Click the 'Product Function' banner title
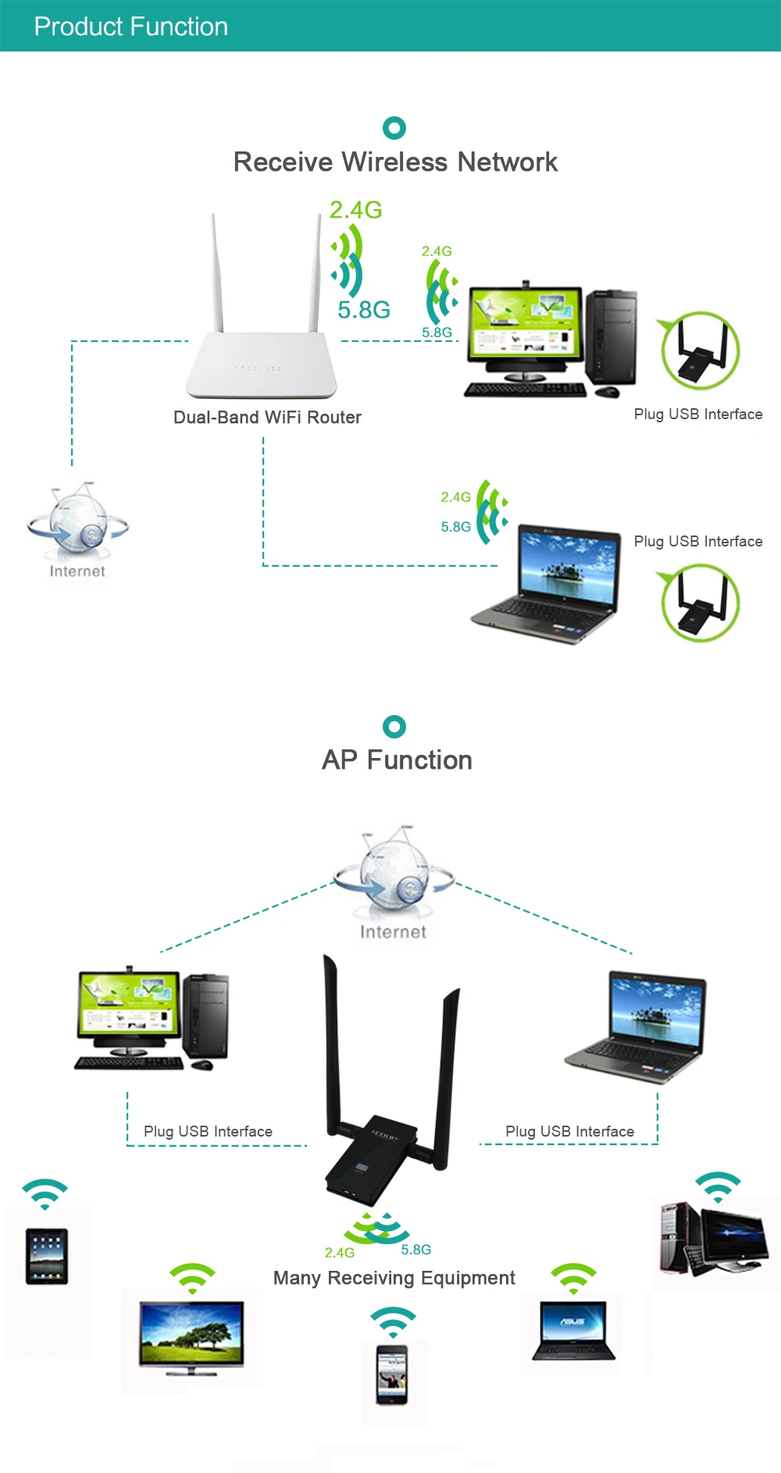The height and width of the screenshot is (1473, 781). pyautogui.click(x=131, y=27)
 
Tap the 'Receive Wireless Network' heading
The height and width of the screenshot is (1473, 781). pyautogui.click(x=395, y=162)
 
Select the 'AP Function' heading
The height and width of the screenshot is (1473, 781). pyautogui.click(x=397, y=760)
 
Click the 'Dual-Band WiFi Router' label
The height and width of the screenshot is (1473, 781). pyautogui.click(x=267, y=418)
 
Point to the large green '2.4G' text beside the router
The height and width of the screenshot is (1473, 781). pyautogui.click(x=355, y=210)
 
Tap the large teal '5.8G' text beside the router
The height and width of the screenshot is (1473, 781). pyautogui.click(x=364, y=310)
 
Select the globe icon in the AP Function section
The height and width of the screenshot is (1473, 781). pyautogui.click(x=393, y=870)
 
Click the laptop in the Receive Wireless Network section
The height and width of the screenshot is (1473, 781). pyautogui.click(x=547, y=582)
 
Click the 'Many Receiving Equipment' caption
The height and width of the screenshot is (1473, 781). pyautogui.click(x=394, y=1278)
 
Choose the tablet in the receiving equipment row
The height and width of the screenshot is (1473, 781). pyautogui.click(x=47, y=1256)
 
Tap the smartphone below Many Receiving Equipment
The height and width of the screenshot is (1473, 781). pyautogui.click(x=392, y=1375)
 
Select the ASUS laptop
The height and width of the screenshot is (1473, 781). pyautogui.click(x=573, y=1330)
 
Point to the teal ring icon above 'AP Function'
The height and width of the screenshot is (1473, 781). pyautogui.click(x=394, y=727)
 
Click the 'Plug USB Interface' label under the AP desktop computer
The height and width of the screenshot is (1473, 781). pyautogui.click(x=208, y=1131)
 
